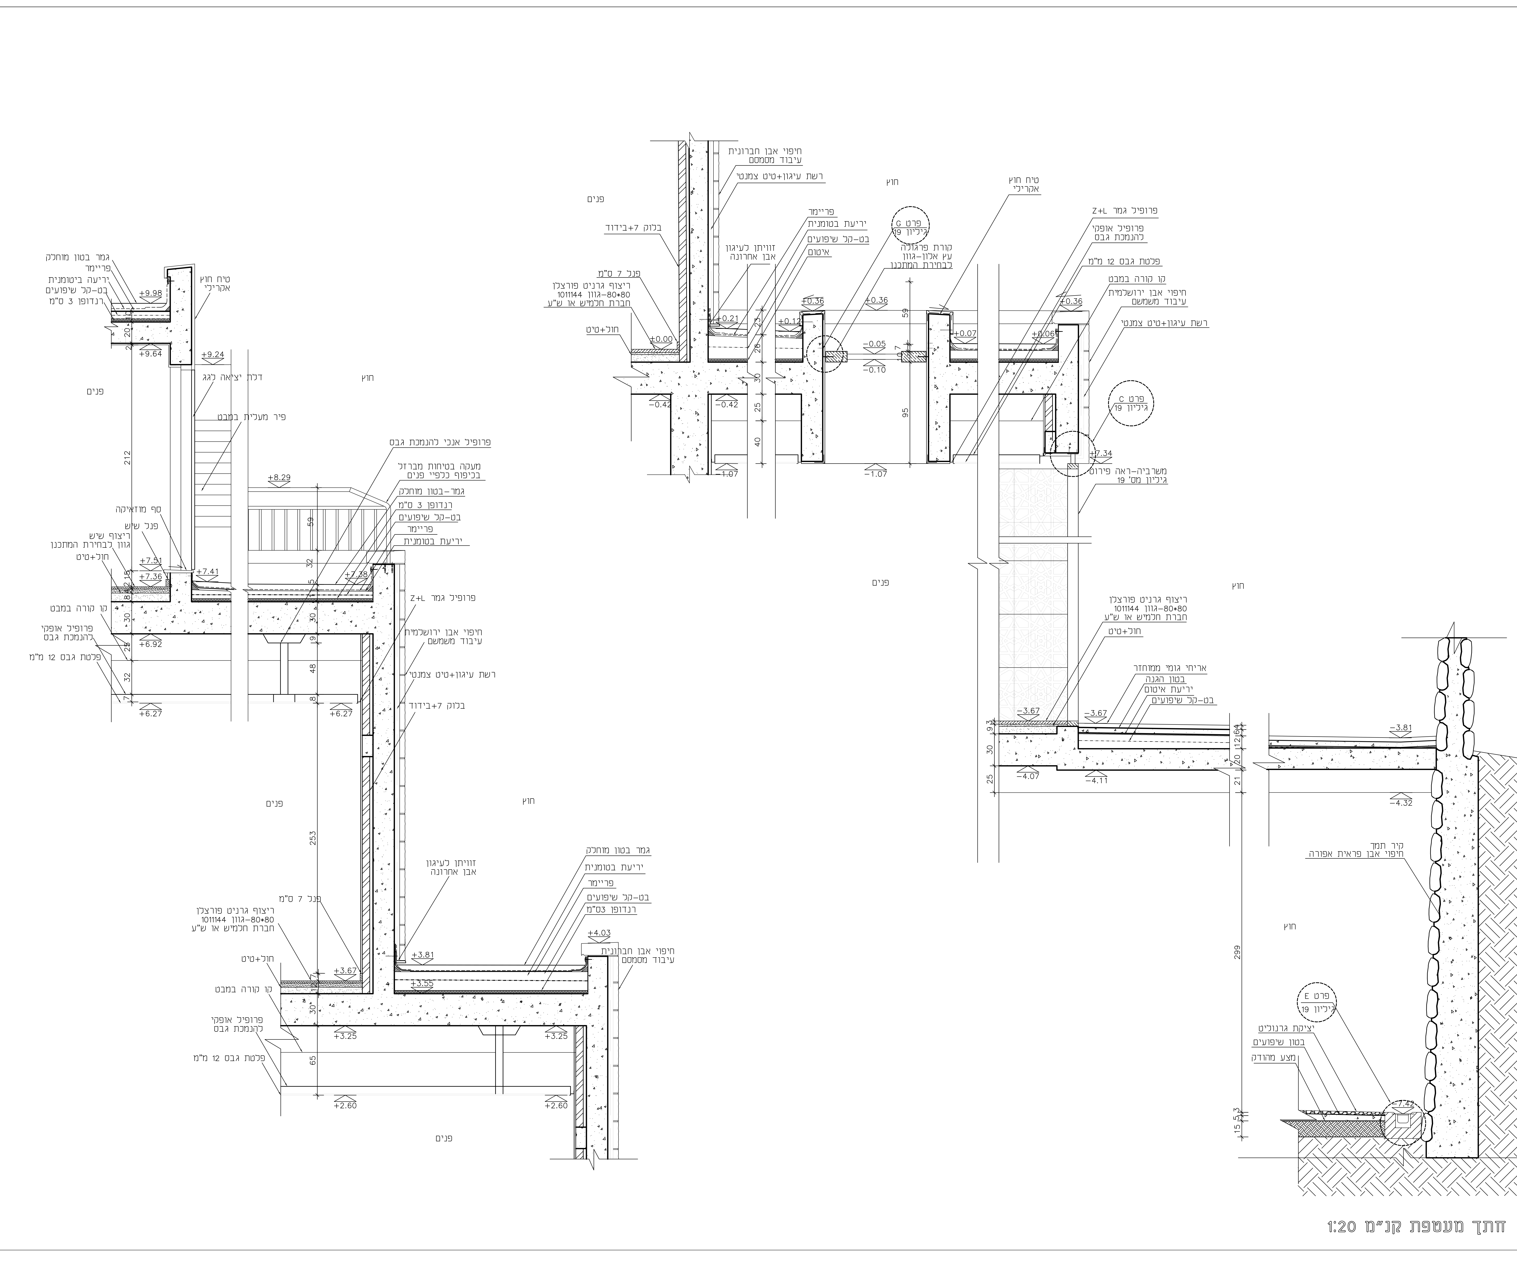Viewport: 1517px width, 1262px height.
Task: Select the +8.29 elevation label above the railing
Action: (x=279, y=478)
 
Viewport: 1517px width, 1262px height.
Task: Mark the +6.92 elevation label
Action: (x=151, y=643)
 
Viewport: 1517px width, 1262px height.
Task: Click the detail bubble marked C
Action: (x=1131, y=403)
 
